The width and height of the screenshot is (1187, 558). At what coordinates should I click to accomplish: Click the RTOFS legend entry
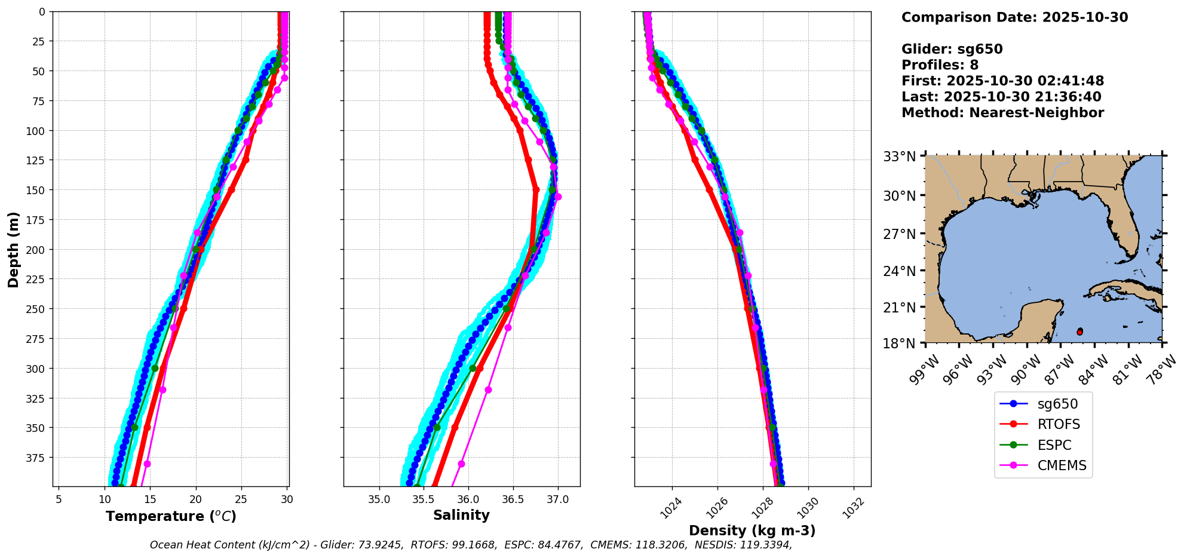click(1059, 424)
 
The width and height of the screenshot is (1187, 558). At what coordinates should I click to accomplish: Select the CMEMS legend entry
click(1062, 465)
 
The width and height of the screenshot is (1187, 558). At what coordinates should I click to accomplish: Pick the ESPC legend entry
click(1054, 445)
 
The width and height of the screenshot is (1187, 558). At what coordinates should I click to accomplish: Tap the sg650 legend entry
click(1057, 404)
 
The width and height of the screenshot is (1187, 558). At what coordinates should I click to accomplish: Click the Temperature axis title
click(171, 516)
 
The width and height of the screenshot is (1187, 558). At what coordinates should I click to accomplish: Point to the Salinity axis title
click(461, 515)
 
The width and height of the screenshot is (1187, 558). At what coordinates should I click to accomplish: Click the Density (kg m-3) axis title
click(752, 531)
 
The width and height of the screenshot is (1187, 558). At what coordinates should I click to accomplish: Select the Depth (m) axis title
click(13, 249)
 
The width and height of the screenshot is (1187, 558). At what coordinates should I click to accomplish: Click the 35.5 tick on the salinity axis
click(424, 499)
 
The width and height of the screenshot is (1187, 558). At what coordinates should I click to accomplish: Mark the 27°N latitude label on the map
click(900, 234)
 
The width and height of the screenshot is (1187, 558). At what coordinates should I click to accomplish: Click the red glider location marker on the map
click(1079, 332)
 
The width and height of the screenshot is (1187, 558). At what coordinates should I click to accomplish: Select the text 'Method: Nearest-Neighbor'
click(1002, 112)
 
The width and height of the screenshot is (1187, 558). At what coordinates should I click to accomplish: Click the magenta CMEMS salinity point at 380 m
click(461, 464)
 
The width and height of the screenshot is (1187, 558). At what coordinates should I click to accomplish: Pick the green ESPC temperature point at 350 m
click(134, 427)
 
